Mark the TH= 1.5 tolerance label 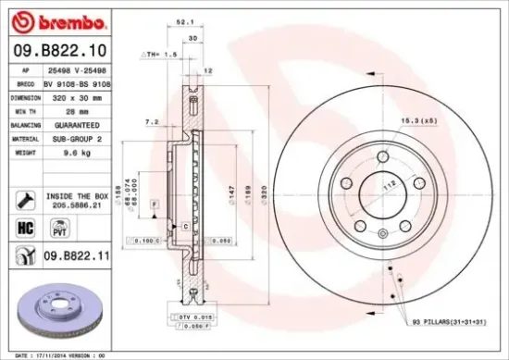[159, 55]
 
